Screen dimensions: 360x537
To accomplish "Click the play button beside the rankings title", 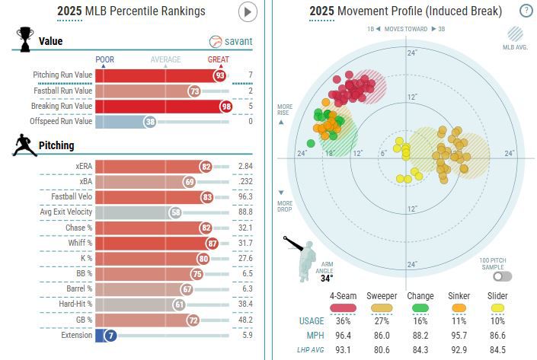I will click(248, 12).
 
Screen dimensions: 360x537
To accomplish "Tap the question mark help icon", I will click(526, 11).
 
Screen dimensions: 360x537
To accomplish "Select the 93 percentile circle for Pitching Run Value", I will click(219, 75).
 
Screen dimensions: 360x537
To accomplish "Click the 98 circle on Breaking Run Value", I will click(225, 106).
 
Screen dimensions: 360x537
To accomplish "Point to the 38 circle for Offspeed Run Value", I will click(150, 121).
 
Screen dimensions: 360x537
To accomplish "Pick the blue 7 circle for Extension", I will click(110, 335).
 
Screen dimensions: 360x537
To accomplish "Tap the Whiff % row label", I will click(78, 243).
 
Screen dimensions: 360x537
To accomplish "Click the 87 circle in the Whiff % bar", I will click(213, 243).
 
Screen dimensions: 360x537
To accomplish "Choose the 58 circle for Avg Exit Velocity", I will click(175, 212).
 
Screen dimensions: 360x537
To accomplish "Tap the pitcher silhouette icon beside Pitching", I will click(24, 145).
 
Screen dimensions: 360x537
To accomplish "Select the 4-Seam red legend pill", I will click(344, 307).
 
